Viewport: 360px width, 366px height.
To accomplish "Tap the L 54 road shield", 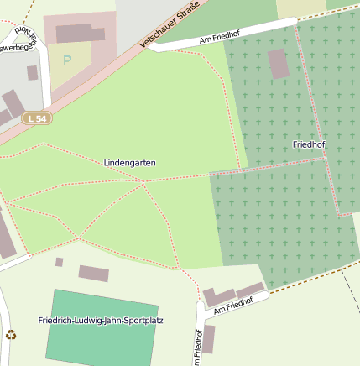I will click(37, 118).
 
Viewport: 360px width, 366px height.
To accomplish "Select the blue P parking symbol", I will click(67, 60).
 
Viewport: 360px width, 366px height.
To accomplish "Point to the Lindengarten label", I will click(130, 162).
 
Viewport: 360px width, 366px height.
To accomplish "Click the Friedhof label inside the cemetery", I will click(309, 144).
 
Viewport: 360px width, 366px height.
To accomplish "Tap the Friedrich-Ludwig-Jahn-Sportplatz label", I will click(101, 320).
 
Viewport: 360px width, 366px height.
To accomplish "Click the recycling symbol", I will click(11, 335).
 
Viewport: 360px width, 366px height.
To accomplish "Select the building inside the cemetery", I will click(279, 64).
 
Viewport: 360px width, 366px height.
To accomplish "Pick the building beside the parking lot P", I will click(81, 34).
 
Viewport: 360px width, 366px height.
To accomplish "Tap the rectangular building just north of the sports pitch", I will click(94, 273).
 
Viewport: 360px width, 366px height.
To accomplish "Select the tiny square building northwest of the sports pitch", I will click(60, 262).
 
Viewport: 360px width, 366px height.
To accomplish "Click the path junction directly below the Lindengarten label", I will click(143, 181).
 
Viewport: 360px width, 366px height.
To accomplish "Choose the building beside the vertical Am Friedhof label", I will click(209, 338).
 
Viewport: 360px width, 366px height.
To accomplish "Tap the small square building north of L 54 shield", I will click(32, 73).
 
